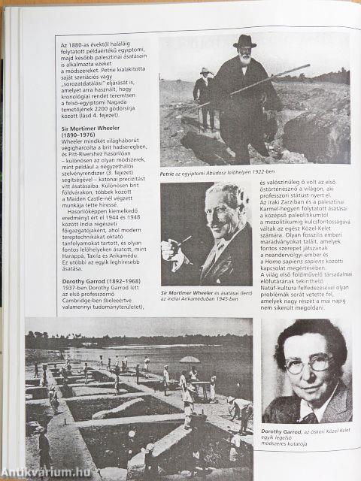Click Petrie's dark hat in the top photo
(x=244, y=42)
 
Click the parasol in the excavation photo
(x=190, y=360)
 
